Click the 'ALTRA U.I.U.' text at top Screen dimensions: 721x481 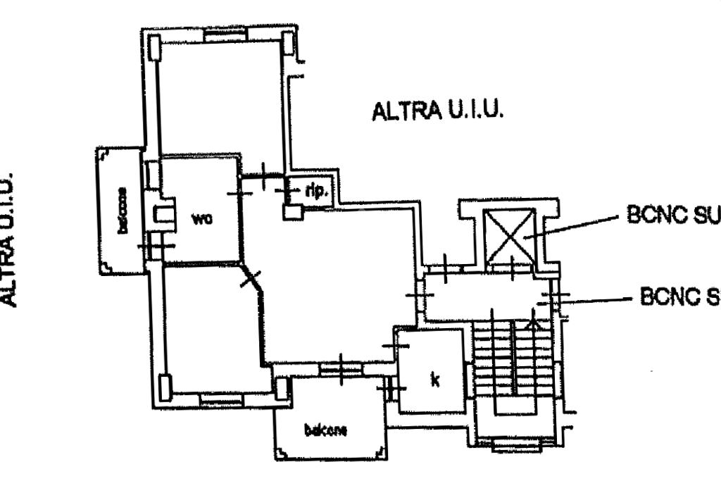(x=437, y=111)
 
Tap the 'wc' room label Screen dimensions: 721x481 (x=201, y=218)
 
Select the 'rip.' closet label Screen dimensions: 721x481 (x=315, y=190)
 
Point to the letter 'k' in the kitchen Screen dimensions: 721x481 (x=435, y=380)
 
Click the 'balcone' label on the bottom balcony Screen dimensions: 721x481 (x=325, y=430)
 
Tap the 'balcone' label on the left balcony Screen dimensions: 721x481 (x=124, y=210)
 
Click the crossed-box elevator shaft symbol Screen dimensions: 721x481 (x=510, y=234)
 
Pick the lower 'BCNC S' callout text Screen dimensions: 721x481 (x=679, y=297)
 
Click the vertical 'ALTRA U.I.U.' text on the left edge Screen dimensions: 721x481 (x=8, y=239)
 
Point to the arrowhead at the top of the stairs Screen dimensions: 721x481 (x=532, y=324)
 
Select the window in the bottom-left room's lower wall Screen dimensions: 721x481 (x=220, y=399)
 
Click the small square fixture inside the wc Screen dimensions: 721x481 (x=164, y=215)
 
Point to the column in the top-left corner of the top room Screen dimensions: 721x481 (x=155, y=48)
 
